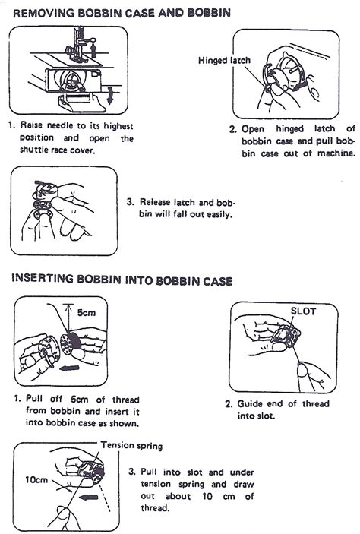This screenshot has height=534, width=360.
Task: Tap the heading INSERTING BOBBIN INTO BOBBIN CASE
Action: pos(122,280)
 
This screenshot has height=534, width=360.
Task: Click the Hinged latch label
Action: pos(223,60)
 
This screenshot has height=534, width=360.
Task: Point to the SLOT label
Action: pos(303,312)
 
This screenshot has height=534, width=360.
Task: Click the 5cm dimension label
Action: pos(85,311)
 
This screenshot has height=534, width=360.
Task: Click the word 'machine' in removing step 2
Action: pos(333,153)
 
